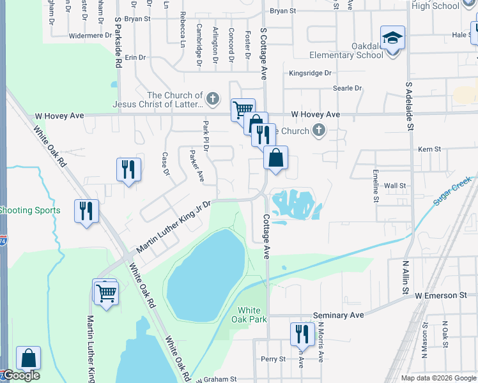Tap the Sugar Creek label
(452, 190)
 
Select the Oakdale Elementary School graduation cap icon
(392, 37)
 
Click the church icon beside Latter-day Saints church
(213, 100)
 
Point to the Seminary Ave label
(339, 315)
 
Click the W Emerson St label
(441, 296)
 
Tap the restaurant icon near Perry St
(300, 333)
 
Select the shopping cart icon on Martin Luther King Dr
(107, 293)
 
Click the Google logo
(20, 375)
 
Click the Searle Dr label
(347, 88)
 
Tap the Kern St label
(429, 149)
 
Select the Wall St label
(395, 186)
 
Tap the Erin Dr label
(135, 57)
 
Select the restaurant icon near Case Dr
(128, 169)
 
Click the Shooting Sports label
(30, 211)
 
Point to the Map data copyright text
(438, 378)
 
